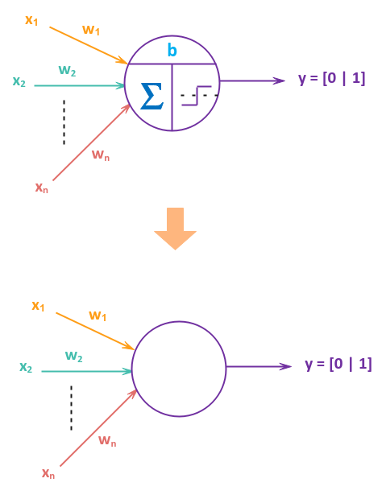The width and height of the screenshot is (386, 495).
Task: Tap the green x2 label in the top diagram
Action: coord(19,81)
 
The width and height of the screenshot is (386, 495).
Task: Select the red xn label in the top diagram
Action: coord(41,188)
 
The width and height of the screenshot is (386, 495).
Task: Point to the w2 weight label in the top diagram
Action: coord(67,71)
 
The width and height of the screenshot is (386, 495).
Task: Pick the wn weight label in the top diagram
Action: coord(101,155)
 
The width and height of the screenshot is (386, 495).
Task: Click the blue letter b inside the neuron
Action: coord(172,51)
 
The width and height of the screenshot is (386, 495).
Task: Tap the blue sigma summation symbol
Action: coord(151,96)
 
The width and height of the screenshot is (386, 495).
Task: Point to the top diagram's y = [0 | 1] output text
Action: coord(332,79)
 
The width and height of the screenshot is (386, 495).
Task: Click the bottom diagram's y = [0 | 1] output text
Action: coord(338,364)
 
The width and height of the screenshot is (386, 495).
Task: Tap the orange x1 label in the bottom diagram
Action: coord(38,306)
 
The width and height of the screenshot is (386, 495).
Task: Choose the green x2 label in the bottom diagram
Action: coord(26,368)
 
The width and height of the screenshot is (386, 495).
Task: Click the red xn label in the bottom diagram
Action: coord(48,474)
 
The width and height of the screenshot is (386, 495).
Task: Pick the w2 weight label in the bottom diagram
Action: coord(74,357)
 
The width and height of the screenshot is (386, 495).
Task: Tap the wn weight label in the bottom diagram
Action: coord(107,440)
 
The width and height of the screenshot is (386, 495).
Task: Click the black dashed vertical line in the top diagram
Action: coord(64,122)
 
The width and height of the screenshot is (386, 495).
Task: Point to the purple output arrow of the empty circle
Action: coord(258,366)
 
